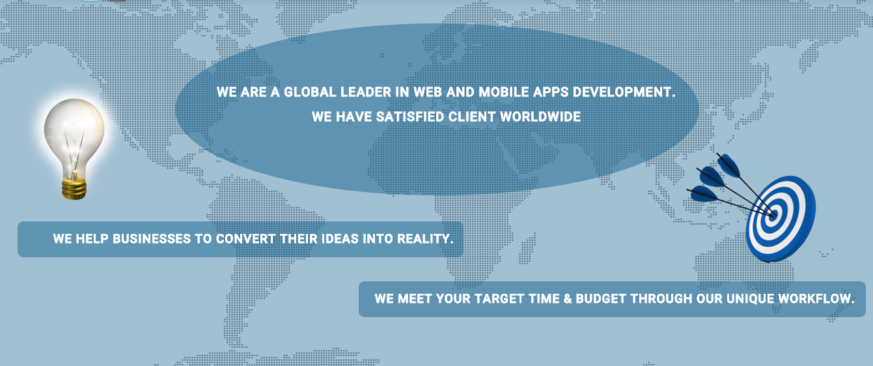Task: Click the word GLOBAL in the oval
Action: click(x=310, y=92)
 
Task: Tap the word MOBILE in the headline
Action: click(x=503, y=92)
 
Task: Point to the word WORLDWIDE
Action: click(x=540, y=117)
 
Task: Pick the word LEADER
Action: click(x=366, y=92)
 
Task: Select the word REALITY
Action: click(x=425, y=238)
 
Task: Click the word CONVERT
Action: click(x=245, y=238)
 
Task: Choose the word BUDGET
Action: click(x=601, y=298)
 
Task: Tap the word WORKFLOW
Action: click(x=816, y=298)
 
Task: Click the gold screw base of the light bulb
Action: click(x=74, y=189)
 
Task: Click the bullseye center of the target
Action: click(x=774, y=214)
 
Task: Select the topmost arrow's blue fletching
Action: click(x=728, y=165)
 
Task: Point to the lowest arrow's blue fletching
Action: click(x=704, y=193)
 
